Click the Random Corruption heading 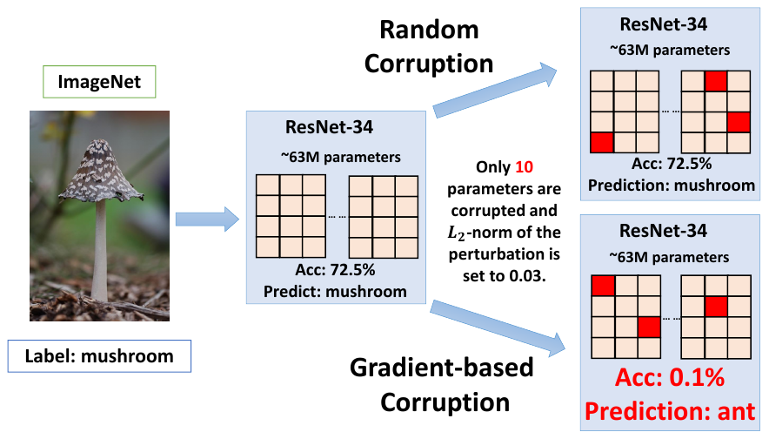click(429, 47)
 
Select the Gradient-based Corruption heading click(442, 384)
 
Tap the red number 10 click(525, 166)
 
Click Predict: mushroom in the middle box click(336, 291)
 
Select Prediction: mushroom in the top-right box click(671, 186)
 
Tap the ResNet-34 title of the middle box click(329, 127)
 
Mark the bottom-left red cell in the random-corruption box click(602, 142)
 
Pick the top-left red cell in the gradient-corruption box click(602, 287)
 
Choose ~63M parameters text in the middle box click(334, 158)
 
